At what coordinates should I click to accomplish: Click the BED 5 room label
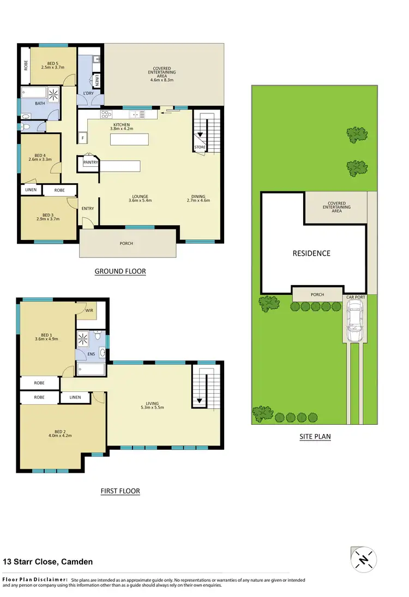tap(53, 62)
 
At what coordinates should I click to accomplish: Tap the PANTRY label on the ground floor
tap(90, 162)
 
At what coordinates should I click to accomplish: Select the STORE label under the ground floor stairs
tap(200, 147)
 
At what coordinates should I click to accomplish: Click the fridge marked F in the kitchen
tap(82, 138)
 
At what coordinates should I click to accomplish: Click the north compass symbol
tap(362, 559)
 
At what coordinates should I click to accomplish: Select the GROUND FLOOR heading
tap(120, 271)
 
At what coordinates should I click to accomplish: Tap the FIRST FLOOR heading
tap(120, 491)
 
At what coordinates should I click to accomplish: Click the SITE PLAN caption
tap(315, 436)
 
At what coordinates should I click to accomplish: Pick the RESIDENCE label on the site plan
tap(311, 253)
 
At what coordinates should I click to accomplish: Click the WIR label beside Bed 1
tap(89, 310)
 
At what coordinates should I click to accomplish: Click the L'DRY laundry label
tap(88, 94)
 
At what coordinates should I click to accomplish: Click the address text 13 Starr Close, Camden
tap(47, 562)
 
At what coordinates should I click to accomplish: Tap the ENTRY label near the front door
tap(88, 208)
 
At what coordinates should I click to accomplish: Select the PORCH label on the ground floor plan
tap(126, 243)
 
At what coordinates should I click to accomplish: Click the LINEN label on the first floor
tap(75, 397)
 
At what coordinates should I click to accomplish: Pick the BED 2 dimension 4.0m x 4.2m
tap(61, 435)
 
